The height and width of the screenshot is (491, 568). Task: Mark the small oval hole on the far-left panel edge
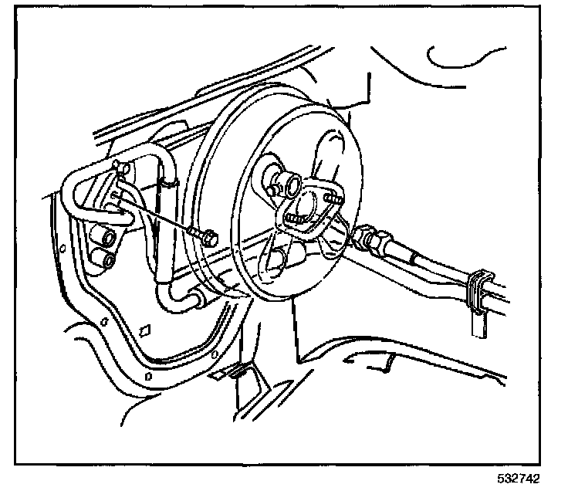click(61, 249)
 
